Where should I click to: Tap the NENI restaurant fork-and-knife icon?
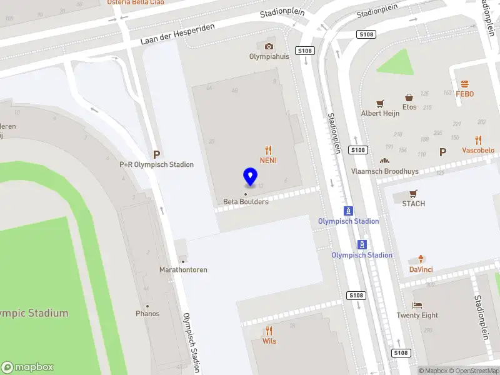click(x=269, y=150)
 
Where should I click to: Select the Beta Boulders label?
click(x=246, y=202)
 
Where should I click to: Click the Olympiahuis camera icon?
click(x=269, y=46)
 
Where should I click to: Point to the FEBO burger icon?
click(x=464, y=84)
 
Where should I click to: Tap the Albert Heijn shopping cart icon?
click(x=379, y=103)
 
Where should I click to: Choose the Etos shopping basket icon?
click(x=409, y=97)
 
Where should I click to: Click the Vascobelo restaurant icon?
click(x=478, y=140)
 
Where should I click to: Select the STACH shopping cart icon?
click(x=413, y=194)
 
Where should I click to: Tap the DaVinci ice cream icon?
click(x=421, y=259)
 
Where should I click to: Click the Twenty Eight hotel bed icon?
click(x=417, y=305)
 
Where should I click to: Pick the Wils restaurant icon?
click(x=269, y=331)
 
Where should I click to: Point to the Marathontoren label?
click(x=183, y=270)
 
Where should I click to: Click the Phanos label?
click(x=147, y=314)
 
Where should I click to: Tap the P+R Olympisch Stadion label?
click(x=157, y=165)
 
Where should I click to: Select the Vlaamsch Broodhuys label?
click(x=384, y=171)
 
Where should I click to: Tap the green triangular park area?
click(x=397, y=64)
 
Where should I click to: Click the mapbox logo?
click(x=27, y=367)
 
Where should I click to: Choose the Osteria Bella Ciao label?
click(x=136, y=2)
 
